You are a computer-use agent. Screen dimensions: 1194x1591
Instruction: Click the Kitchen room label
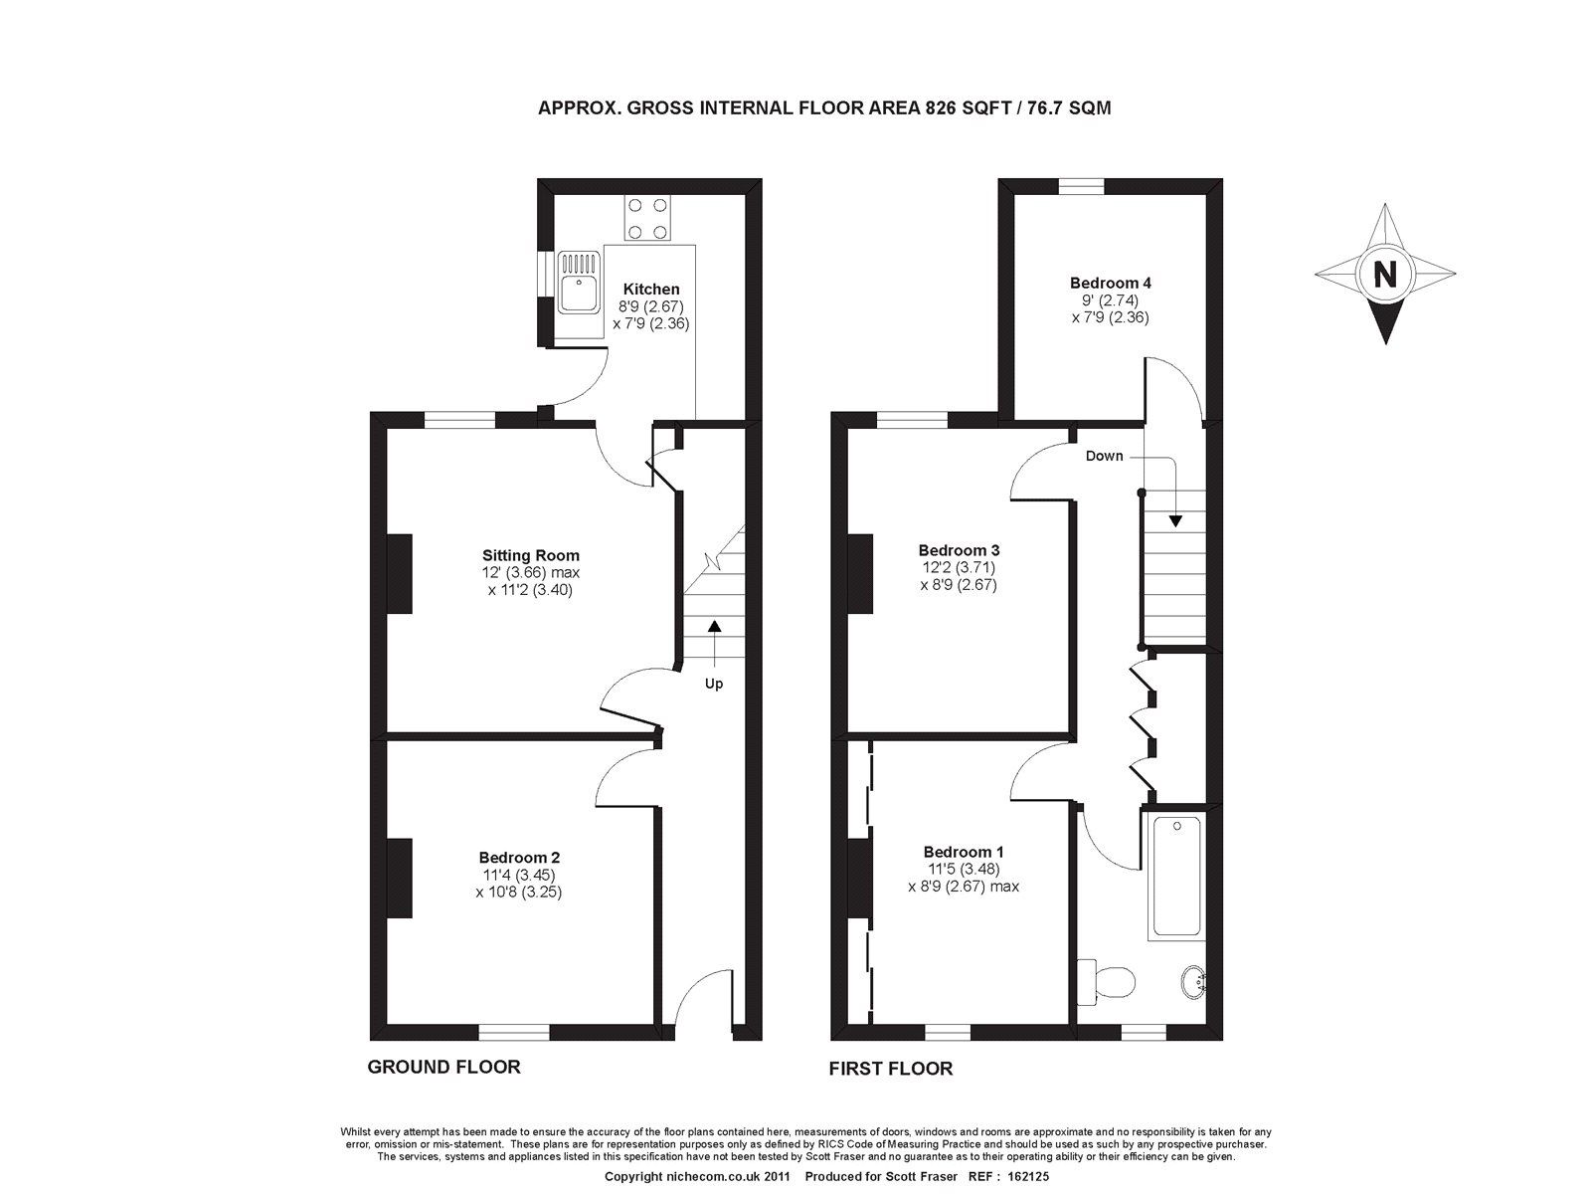[x=651, y=289]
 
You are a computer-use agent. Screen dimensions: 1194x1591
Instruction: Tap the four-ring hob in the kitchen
[x=647, y=218]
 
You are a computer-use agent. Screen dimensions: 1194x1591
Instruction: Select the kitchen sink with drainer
[x=578, y=283]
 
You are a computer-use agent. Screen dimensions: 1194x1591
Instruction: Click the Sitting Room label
[x=531, y=555]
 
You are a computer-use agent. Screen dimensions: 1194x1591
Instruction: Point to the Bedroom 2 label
[x=519, y=857]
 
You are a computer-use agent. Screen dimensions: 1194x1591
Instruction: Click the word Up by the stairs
[x=713, y=684]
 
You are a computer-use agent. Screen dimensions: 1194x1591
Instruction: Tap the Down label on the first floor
[x=1104, y=456]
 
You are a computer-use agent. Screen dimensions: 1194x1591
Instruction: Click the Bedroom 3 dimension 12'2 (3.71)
[x=959, y=567]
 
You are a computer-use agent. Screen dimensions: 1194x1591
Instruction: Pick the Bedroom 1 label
[x=963, y=852]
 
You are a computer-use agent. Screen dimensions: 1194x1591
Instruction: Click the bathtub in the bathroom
[x=1175, y=877]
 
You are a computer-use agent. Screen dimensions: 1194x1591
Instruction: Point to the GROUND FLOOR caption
[x=443, y=1067]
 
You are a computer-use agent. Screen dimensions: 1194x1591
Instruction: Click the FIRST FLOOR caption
[x=891, y=1069]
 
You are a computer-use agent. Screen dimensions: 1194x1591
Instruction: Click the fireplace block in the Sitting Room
[x=399, y=573]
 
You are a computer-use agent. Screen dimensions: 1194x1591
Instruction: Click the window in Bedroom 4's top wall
[x=1081, y=186]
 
